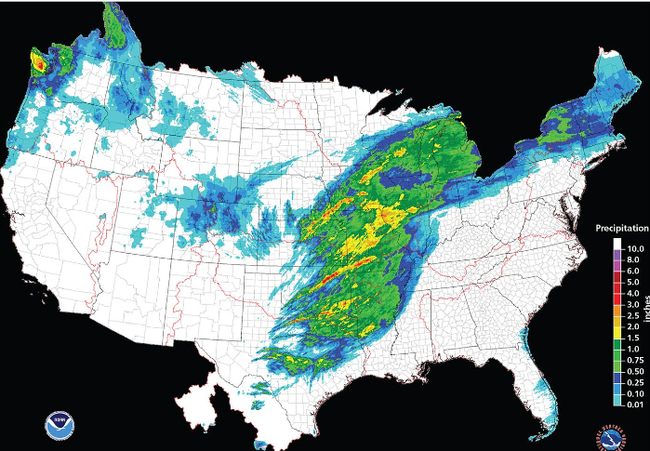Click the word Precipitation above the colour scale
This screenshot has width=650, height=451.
click(622, 228)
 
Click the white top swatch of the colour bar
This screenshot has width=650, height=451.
click(617, 245)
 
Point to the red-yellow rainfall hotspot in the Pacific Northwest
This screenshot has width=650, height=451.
click(39, 63)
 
